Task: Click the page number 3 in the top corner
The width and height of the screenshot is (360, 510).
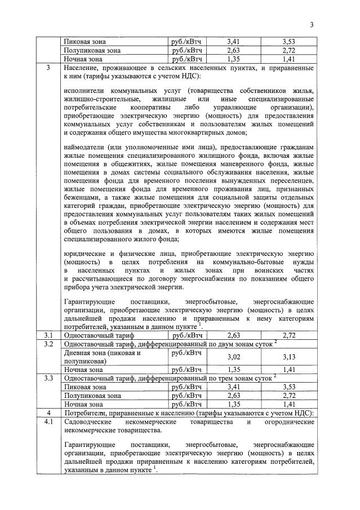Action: coord(311,24)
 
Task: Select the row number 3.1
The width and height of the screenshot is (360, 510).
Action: coord(48,335)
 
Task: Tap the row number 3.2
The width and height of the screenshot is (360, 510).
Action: coord(48,344)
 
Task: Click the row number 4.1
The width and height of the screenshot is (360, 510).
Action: coord(48,421)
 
